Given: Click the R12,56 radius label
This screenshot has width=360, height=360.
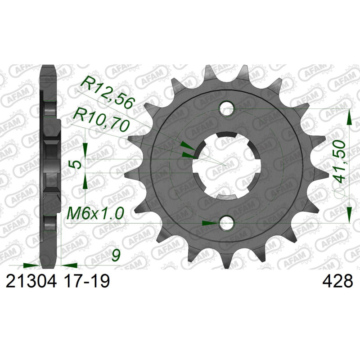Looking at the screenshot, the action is [x=108, y=91].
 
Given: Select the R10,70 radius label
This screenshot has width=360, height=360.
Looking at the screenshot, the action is [x=100, y=122].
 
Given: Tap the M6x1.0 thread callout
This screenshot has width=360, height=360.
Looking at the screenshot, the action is [x=95, y=213].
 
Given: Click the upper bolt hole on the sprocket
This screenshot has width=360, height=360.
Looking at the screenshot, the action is [x=226, y=108].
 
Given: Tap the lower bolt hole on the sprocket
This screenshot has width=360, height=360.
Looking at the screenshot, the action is [x=226, y=223].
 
